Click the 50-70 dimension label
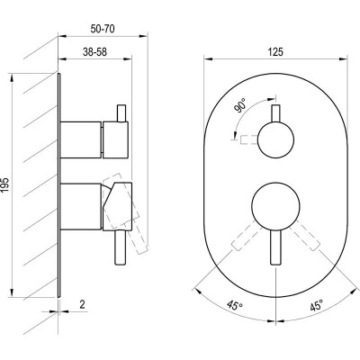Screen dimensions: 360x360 (x=103, y=29)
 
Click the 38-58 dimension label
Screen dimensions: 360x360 (x=94, y=52)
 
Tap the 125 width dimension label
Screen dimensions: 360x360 (x=275, y=52)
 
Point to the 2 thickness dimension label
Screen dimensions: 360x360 (x=82, y=305)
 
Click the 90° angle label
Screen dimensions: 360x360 (x=241, y=105)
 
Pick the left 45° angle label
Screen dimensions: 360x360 (x=235, y=306)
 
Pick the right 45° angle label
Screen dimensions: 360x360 (x=317, y=306)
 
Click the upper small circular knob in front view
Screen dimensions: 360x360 (x=275, y=139)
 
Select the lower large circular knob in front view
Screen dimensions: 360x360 (x=275, y=206)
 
